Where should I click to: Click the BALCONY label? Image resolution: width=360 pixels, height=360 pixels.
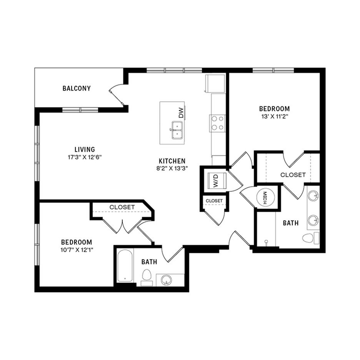tap(77, 88)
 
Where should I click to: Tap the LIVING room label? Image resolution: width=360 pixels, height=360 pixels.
tap(85, 150)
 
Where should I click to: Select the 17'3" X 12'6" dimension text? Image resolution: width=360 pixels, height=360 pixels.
tap(85, 158)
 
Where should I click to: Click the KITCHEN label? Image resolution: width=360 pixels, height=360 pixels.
tap(172, 161)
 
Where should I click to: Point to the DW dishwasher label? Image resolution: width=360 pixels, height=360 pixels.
tap(182, 112)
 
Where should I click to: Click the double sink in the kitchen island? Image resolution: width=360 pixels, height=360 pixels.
tap(177, 130)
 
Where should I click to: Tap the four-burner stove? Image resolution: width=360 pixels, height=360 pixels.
tap(217, 123)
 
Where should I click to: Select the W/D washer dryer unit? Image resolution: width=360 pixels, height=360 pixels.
tap(217, 181)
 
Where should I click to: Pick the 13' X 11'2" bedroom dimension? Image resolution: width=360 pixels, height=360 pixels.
tap(274, 117)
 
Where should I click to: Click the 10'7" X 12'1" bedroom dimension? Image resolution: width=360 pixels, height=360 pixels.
tap(77, 250)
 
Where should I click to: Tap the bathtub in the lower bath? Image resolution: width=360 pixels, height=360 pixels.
tap(125, 265)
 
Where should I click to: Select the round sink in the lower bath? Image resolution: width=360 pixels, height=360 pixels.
tap(166, 280)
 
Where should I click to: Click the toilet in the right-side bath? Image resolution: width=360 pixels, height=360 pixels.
tap(310, 238)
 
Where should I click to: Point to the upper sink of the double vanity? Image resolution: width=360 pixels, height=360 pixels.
tap(313, 196)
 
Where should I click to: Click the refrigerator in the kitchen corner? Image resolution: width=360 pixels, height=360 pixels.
tap(215, 83)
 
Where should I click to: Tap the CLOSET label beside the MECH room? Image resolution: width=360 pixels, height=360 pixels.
tap(293, 175)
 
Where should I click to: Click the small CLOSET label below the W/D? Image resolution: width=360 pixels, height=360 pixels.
tap(214, 201)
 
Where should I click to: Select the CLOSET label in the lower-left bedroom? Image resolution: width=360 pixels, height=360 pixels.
tap(122, 207)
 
